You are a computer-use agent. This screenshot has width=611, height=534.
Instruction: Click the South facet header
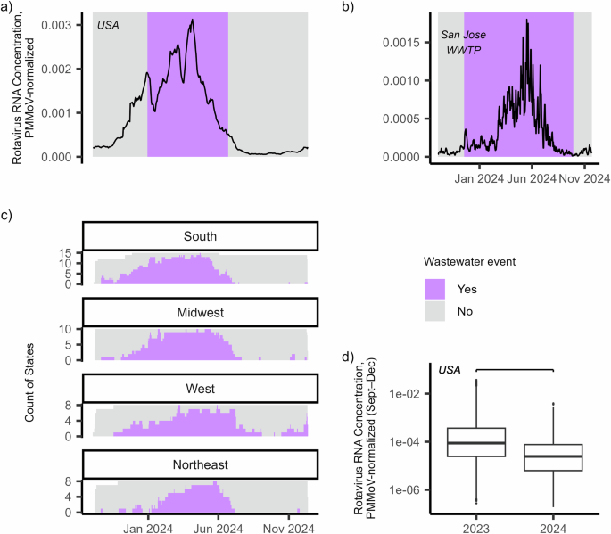click(201, 236)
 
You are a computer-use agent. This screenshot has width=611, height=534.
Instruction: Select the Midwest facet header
click(201, 312)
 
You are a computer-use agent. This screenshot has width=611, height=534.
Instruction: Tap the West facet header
click(201, 389)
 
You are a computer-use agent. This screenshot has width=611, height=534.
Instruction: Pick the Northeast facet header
click(201, 464)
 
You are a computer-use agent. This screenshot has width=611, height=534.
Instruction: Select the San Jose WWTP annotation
click(463, 43)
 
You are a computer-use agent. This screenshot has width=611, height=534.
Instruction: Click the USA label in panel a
click(109, 24)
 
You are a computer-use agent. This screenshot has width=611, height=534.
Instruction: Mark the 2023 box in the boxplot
click(476, 442)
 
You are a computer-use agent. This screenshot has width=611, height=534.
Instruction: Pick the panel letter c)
click(7, 214)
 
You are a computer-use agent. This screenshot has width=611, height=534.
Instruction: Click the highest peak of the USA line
click(192, 20)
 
